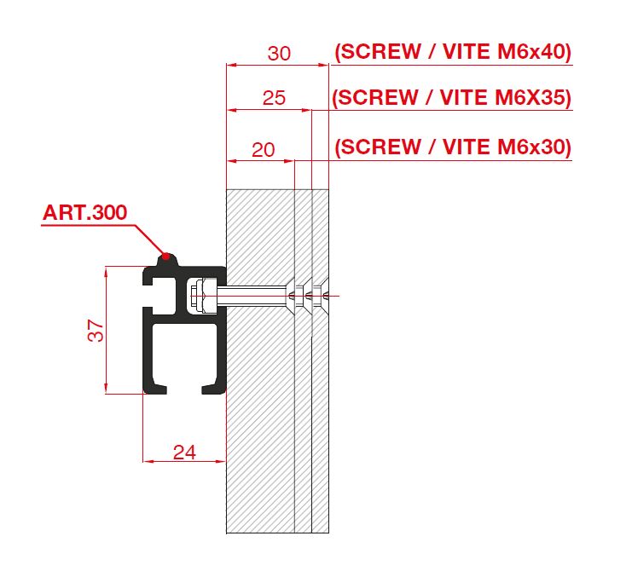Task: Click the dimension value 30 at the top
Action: (279, 54)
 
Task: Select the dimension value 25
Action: (273, 98)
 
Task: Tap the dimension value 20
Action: (264, 150)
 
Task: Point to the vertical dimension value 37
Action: (99, 330)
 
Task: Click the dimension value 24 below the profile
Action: (183, 453)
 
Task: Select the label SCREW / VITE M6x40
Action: (452, 52)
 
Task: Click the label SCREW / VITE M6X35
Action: (452, 98)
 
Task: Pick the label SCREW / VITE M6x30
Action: (452, 147)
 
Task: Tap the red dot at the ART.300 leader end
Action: (166, 255)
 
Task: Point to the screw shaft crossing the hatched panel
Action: (256, 296)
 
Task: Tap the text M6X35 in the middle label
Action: (531, 98)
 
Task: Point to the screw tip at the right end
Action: (329, 296)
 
